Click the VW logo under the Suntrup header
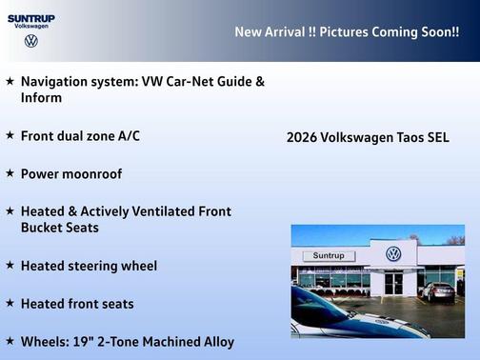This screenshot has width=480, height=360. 31,42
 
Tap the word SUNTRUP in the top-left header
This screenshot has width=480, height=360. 31,17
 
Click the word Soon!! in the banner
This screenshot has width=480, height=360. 440,31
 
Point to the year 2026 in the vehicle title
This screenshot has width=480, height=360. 301,137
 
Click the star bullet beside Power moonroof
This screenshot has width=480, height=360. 10,173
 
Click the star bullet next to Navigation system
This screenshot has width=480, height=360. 10,81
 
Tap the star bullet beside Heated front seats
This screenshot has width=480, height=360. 10,303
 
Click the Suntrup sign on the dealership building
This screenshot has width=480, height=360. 329,256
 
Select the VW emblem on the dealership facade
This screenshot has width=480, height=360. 393,254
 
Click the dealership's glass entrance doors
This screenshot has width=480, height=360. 393,283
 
